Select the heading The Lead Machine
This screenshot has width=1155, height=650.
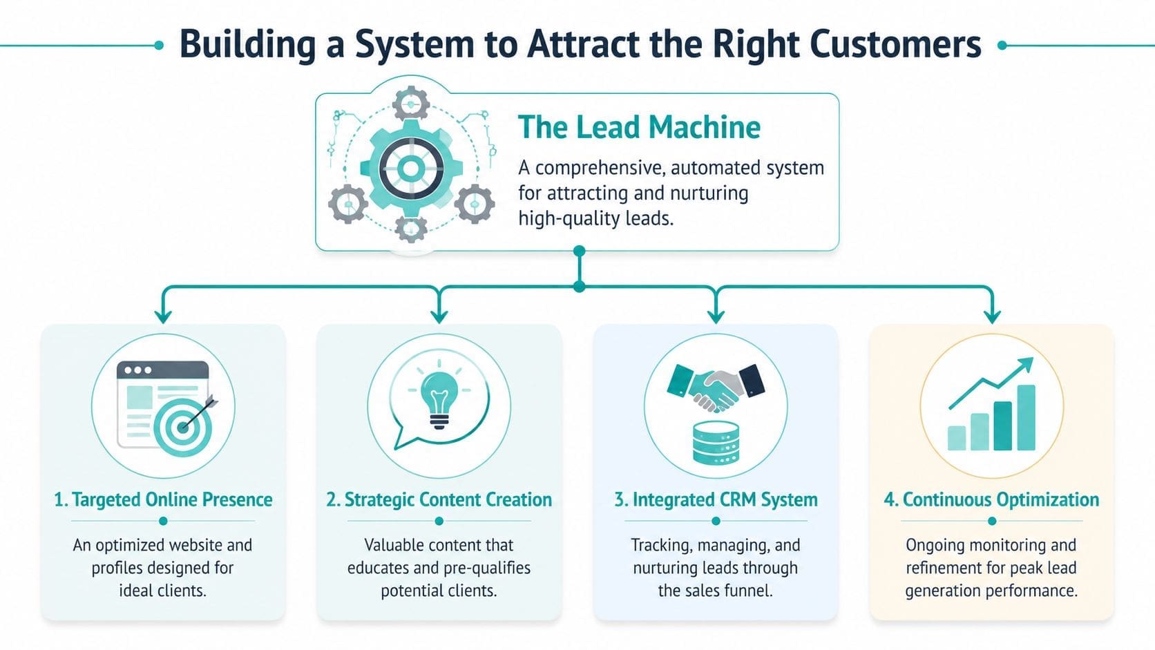(639, 127)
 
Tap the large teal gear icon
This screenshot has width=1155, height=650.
(410, 168)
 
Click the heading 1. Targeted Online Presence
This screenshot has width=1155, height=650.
(163, 499)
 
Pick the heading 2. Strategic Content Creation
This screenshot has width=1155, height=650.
(439, 499)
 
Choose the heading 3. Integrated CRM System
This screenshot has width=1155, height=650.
(716, 499)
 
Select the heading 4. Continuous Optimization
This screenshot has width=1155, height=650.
(991, 499)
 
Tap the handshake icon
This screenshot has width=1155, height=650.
(716, 388)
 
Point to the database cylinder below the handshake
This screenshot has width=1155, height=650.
(716, 442)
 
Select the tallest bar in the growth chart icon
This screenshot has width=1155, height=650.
(1027, 417)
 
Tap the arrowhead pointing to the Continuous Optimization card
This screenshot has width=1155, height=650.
(992, 317)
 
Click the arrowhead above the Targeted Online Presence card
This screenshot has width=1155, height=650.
(163, 317)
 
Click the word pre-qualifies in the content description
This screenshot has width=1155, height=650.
(493, 568)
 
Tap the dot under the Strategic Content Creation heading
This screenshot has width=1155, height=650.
(439, 521)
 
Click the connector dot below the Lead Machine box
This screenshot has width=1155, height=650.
(580, 251)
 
